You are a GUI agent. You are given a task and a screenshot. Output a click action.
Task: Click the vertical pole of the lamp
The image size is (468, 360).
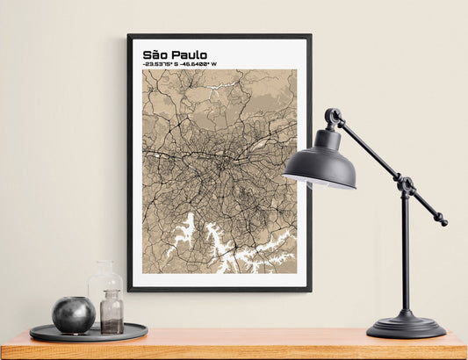coord(406,255)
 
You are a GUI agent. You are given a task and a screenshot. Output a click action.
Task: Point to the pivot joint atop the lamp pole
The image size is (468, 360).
coord(406,184)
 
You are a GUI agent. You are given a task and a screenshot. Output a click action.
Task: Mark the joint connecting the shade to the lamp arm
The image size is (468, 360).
coord(334,117)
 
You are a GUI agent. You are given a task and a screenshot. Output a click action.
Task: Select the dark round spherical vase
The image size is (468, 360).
coord(73,314)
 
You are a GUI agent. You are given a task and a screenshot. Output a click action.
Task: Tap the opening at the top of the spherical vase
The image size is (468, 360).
coord(73,299)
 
